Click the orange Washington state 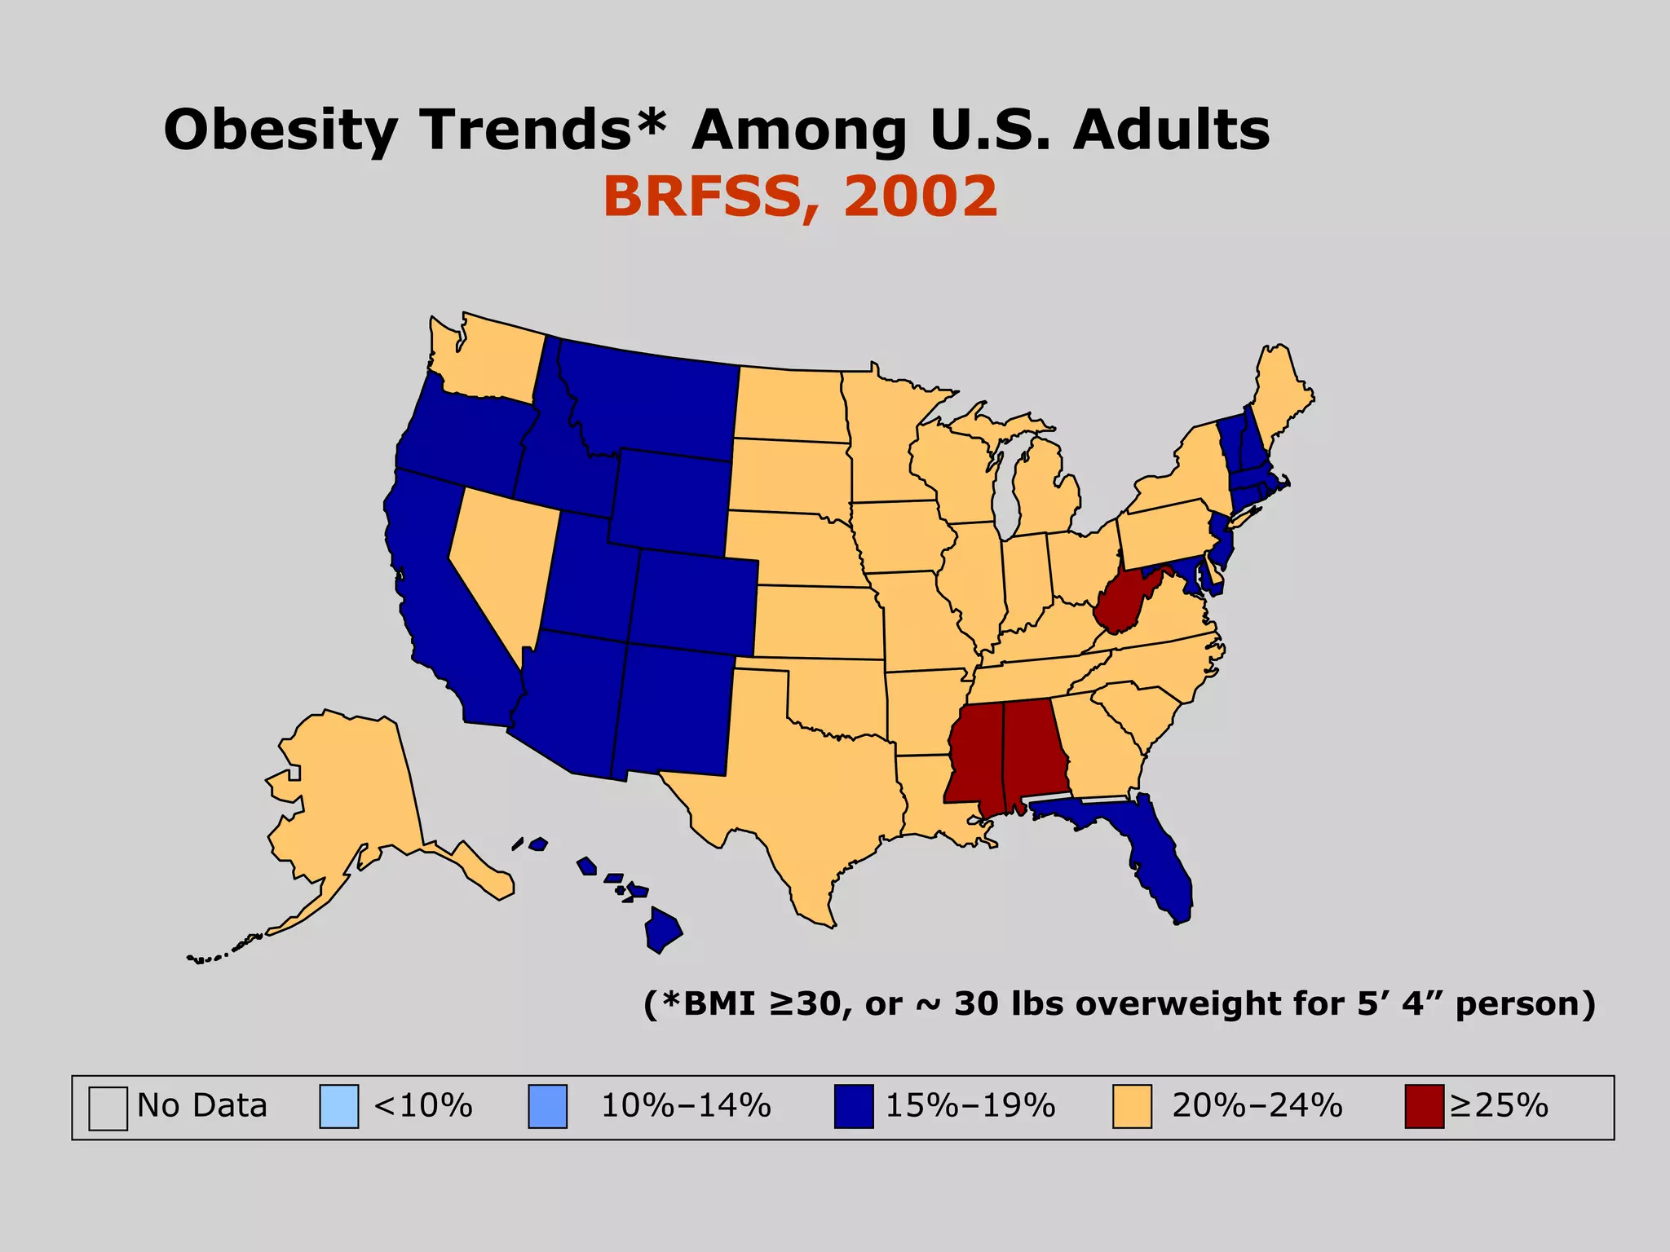pyautogui.click(x=489, y=359)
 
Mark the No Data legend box pyautogui.click(x=108, y=1108)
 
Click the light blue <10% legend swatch pyautogui.click(x=338, y=1106)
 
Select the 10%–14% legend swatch pyautogui.click(x=547, y=1106)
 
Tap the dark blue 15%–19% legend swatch pyautogui.click(x=853, y=1106)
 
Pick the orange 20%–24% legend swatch pyautogui.click(x=1132, y=1106)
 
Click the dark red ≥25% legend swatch pyautogui.click(x=1424, y=1106)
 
